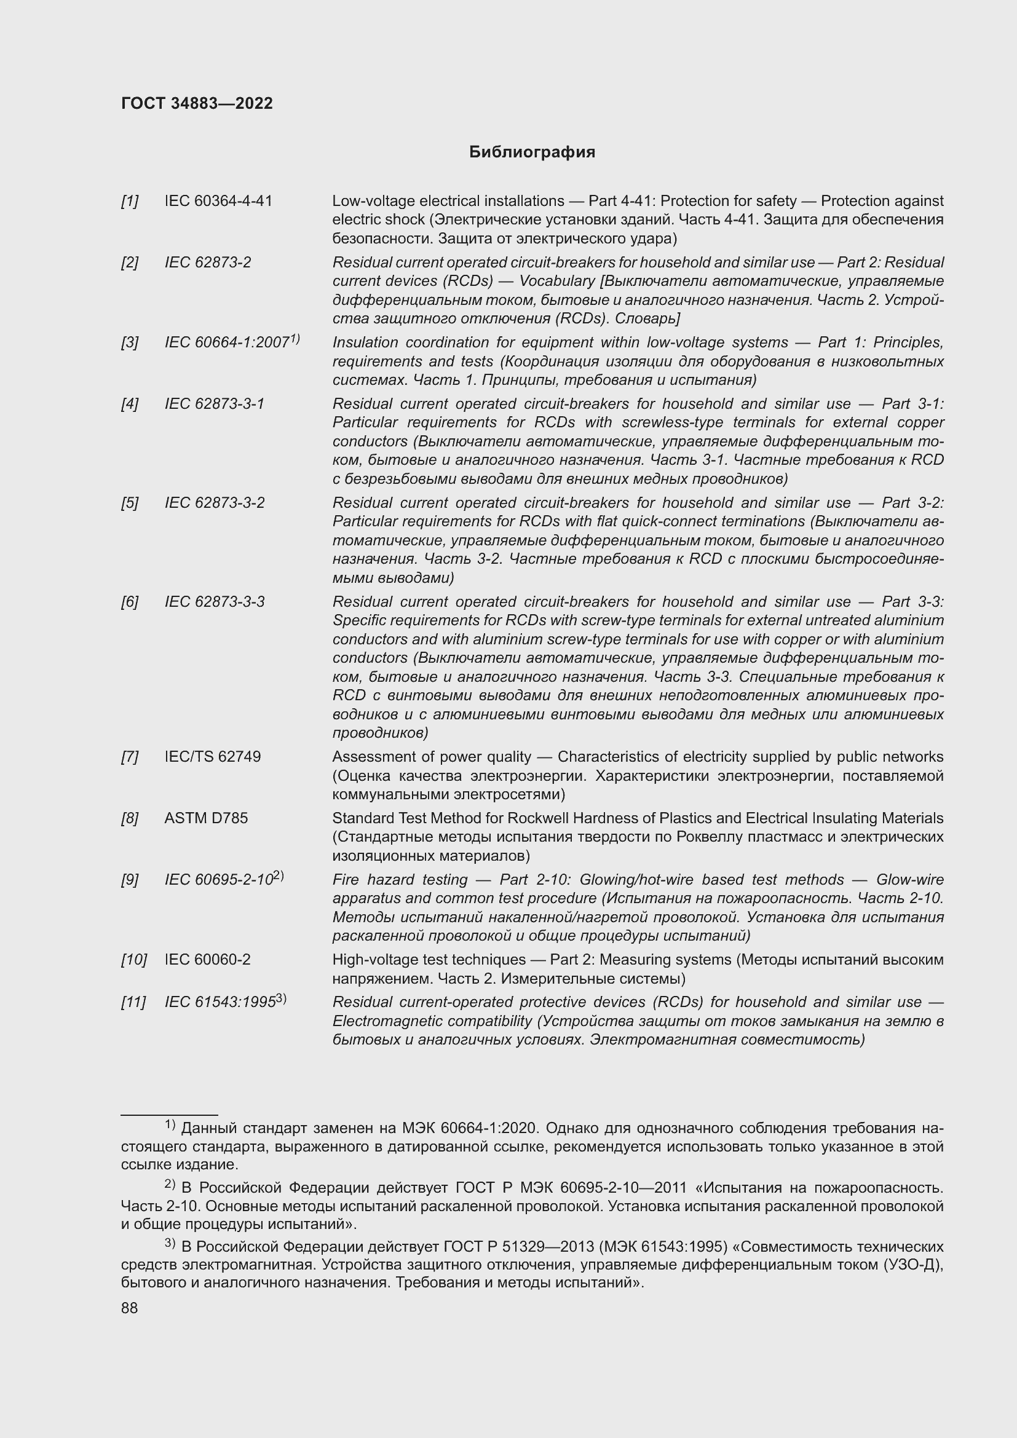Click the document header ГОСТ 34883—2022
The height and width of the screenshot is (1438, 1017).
coord(197,103)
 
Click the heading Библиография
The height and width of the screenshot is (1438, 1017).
coord(532,152)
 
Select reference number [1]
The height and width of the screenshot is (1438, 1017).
coord(130,201)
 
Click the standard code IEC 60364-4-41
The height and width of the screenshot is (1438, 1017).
coord(218,201)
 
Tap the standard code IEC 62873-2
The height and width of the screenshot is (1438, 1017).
coord(207,263)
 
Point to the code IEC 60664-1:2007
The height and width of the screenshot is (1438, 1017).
coord(227,342)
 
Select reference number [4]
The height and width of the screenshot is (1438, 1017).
coord(130,404)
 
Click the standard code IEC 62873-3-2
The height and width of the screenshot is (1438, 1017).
coord(214,503)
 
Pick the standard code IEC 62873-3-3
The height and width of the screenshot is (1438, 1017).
coord(214,602)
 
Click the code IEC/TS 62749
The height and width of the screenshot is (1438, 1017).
coord(212,757)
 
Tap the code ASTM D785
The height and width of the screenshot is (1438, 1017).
coord(206,818)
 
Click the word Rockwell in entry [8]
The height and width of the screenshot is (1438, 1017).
coord(534,818)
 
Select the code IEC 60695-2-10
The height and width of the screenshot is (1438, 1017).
coord(218,880)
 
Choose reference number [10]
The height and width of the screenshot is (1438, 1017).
coord(133,960)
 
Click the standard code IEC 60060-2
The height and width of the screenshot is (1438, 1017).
coord(207,960)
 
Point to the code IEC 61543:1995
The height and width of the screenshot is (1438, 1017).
coord(220,1002)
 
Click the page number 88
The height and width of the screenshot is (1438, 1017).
coord(130,1308)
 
